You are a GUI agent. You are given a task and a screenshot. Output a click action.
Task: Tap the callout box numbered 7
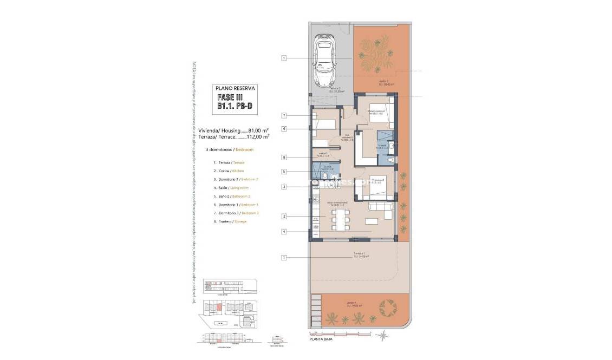283,115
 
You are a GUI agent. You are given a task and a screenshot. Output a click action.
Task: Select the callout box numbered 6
283,129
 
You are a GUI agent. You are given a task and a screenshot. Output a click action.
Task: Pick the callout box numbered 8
283,158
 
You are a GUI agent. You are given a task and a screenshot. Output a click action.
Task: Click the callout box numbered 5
283,172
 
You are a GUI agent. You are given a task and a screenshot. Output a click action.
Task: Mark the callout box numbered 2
283,217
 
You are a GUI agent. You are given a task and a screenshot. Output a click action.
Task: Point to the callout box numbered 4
283,232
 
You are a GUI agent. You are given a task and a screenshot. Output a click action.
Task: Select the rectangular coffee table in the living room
372,221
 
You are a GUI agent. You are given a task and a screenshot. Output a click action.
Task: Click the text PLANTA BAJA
321,339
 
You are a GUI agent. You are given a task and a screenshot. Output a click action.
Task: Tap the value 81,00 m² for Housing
258,130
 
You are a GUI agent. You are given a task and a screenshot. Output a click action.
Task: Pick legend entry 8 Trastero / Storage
232,222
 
